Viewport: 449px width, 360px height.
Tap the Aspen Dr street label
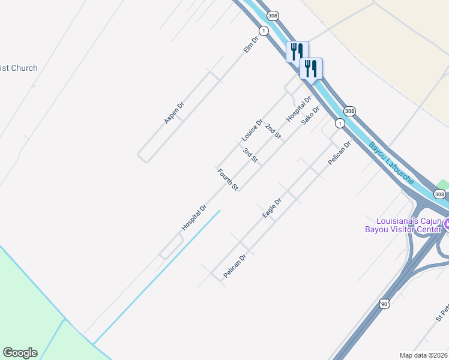(173, 113)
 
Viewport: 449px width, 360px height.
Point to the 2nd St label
(273, 131)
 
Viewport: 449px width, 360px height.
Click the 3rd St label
(250, 155)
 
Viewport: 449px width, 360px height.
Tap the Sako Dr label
(310, 114)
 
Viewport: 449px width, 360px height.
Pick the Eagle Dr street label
(272, 208)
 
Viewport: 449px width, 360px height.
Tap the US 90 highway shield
(384, 304)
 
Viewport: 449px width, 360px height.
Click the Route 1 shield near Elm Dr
(263, 30)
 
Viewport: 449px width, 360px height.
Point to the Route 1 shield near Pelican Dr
(340, 123)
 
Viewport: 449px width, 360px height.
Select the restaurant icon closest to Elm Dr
(297, 52)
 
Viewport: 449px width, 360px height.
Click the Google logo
(20, 353)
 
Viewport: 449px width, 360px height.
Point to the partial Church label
(19, 68)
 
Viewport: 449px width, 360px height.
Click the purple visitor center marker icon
(446, 224)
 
